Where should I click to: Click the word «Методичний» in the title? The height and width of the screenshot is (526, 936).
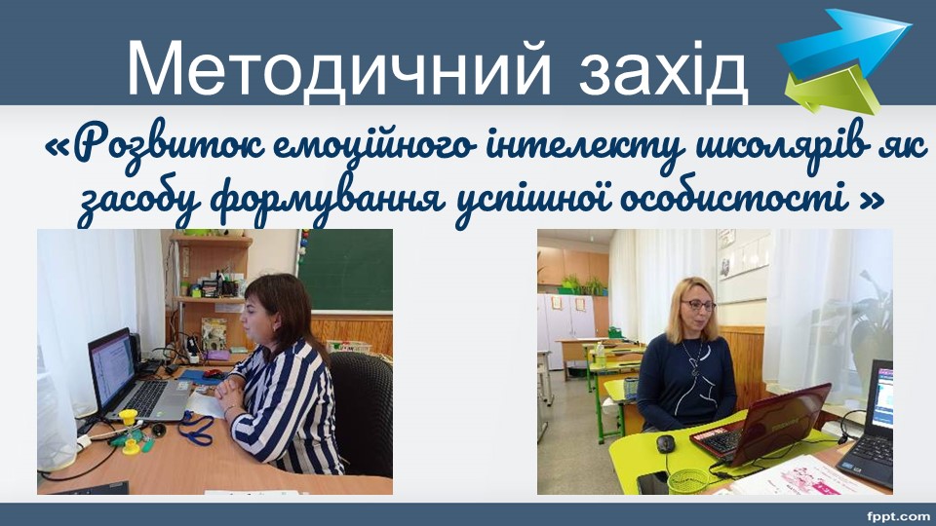pyautogui.click(x=339, y=67)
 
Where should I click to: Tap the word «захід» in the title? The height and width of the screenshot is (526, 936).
pyautogui.click(x=663, y=69)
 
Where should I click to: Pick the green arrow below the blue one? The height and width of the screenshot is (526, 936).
pyautogui.click(x=832, y=91)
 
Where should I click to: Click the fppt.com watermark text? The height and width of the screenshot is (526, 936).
pyautogui.click(x=898, y=516)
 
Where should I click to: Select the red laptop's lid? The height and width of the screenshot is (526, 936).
pyautogui.click(x=780, y=422)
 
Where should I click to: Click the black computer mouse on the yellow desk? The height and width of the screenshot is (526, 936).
pyautogui.click(x=665, y=443)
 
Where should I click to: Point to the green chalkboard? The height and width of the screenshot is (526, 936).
pyautogui.click(x=345, y=270)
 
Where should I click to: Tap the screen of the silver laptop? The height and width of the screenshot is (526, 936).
pyautogui.click(x=112, y=366)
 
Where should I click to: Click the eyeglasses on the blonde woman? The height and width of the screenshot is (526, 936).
pyautogui.click(x=698, y=305)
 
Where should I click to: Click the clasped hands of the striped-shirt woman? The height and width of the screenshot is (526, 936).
pyautogui.click(x=231, y=389)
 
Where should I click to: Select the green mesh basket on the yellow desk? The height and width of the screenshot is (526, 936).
pyautogui.click(x=687, y=481)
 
